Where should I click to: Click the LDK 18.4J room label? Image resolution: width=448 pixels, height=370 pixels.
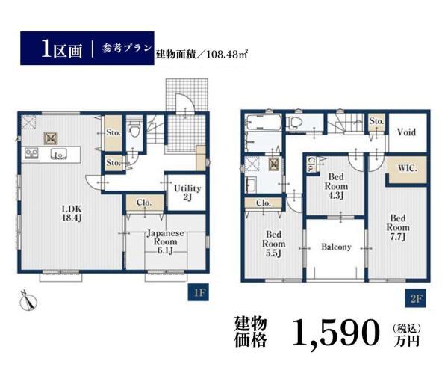pos(72,213)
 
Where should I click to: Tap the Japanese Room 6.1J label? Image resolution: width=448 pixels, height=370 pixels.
pos(166,242)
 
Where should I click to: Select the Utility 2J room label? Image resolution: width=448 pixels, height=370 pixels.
pos(187,193)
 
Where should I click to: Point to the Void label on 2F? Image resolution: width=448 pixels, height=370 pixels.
pos(406,132)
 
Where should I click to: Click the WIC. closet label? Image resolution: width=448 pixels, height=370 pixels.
pos(408,168)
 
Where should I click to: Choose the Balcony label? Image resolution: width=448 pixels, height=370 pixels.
pos(336,247)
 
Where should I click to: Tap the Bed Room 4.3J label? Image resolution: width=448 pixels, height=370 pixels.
pos(336,186)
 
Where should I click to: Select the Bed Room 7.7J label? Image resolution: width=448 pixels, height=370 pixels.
pos(398,227)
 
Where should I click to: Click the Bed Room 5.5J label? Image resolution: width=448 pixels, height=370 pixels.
pos(274,244)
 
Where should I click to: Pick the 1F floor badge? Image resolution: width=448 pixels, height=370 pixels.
pos(199,292)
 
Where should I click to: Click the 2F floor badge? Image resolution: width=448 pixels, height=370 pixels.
pos(416,298)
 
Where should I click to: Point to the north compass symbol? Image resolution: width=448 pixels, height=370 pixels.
pos(28,301)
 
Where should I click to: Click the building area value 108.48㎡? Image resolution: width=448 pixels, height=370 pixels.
pos(226,54)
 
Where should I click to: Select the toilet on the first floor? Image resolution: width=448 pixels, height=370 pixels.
pos(134,129)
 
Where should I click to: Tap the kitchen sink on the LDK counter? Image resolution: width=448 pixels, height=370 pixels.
pos(59,154)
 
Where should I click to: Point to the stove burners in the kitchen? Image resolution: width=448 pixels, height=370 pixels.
pos(31,154)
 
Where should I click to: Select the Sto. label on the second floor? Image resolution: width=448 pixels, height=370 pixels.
pos(376,121)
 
